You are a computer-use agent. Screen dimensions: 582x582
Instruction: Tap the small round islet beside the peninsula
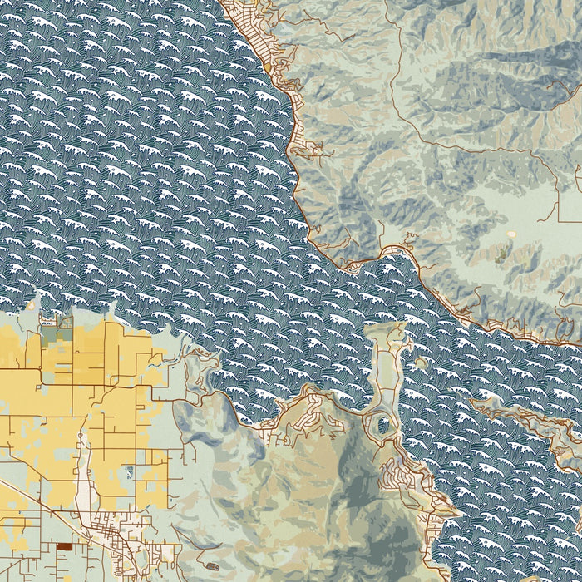[421, 363]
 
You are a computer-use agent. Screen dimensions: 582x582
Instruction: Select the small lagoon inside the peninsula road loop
[382, 425]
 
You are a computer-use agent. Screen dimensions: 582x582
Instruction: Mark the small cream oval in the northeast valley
[507, 249]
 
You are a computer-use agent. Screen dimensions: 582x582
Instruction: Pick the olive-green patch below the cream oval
[501, 259]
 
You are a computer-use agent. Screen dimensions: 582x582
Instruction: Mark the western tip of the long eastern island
[475, 403]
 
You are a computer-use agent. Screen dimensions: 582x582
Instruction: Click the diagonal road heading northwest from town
[33, 499]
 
